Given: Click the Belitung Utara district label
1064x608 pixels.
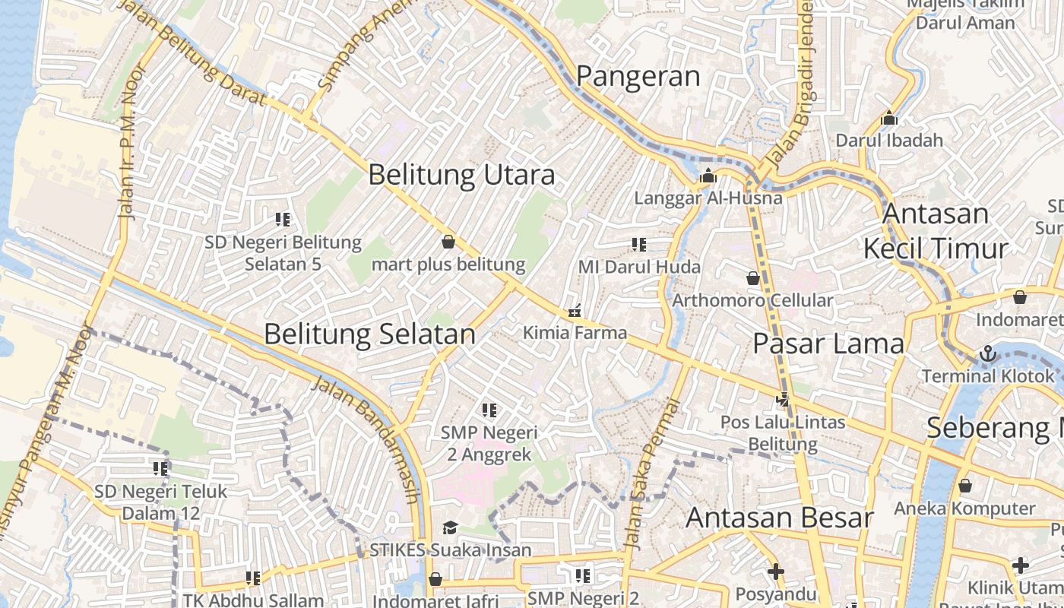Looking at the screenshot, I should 461,176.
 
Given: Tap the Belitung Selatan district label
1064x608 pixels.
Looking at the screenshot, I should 369,334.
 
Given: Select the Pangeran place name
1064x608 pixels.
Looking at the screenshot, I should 638,76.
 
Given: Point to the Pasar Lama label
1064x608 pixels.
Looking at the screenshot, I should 828,344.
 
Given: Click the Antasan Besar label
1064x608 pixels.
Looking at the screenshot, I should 780,518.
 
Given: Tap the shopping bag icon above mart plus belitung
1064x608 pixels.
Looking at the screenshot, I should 448,242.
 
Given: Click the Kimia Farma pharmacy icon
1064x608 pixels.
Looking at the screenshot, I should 575,311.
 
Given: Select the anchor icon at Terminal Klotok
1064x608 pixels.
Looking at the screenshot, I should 987,353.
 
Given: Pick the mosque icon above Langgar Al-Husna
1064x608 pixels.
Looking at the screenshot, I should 708,176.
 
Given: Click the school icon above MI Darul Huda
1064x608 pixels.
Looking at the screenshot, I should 638,244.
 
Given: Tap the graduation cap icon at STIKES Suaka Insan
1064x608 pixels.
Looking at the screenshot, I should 450,527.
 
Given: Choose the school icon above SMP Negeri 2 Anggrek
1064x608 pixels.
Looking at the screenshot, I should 489,410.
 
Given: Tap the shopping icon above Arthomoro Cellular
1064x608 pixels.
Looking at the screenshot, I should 753,278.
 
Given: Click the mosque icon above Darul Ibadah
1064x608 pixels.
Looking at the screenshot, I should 889,118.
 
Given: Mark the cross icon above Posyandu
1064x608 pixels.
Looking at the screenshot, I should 775,571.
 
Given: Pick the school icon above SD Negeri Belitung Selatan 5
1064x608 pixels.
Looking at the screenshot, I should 283,220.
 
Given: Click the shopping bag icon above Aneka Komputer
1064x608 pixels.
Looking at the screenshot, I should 964,485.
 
